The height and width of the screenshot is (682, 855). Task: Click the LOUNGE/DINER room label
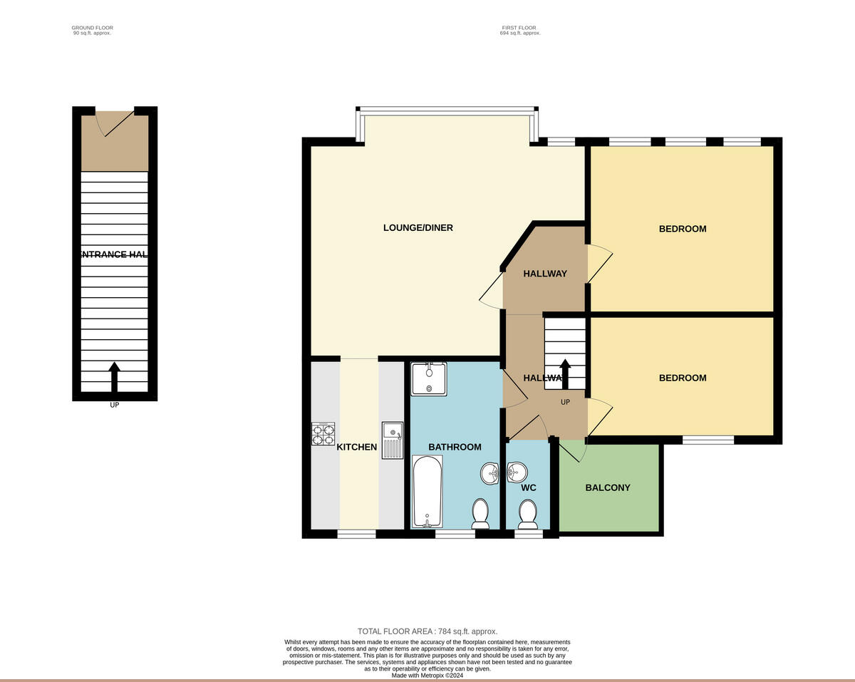tap(418, 228)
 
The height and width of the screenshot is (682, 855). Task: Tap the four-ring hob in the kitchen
tap(323, 434)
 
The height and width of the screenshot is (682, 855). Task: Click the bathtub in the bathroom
tap(427, 491)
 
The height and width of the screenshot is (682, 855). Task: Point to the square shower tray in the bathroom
tap(429, 378)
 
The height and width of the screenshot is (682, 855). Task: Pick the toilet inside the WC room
tap(528, 514)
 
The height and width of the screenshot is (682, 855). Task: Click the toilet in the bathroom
tap(480, 514)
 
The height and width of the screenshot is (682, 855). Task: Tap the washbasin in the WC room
tap(517, 472)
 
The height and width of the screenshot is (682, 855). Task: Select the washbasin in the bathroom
tap(491, 473)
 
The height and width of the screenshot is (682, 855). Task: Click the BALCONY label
tap(608, 488)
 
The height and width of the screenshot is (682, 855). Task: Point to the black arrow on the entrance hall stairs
tap(114, 376)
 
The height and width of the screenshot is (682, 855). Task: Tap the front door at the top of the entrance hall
tap(114, 122)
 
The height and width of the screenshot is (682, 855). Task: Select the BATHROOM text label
tap(455, 448)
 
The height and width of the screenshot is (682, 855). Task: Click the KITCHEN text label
tap(357, 448)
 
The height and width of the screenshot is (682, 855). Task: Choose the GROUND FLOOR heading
tap(93, 28)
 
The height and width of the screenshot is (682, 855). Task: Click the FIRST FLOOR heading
tap(519, 28)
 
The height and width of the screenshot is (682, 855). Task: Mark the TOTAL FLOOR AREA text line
tap(427, 631)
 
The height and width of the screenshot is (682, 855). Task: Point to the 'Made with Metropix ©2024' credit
tap(427, 676)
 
